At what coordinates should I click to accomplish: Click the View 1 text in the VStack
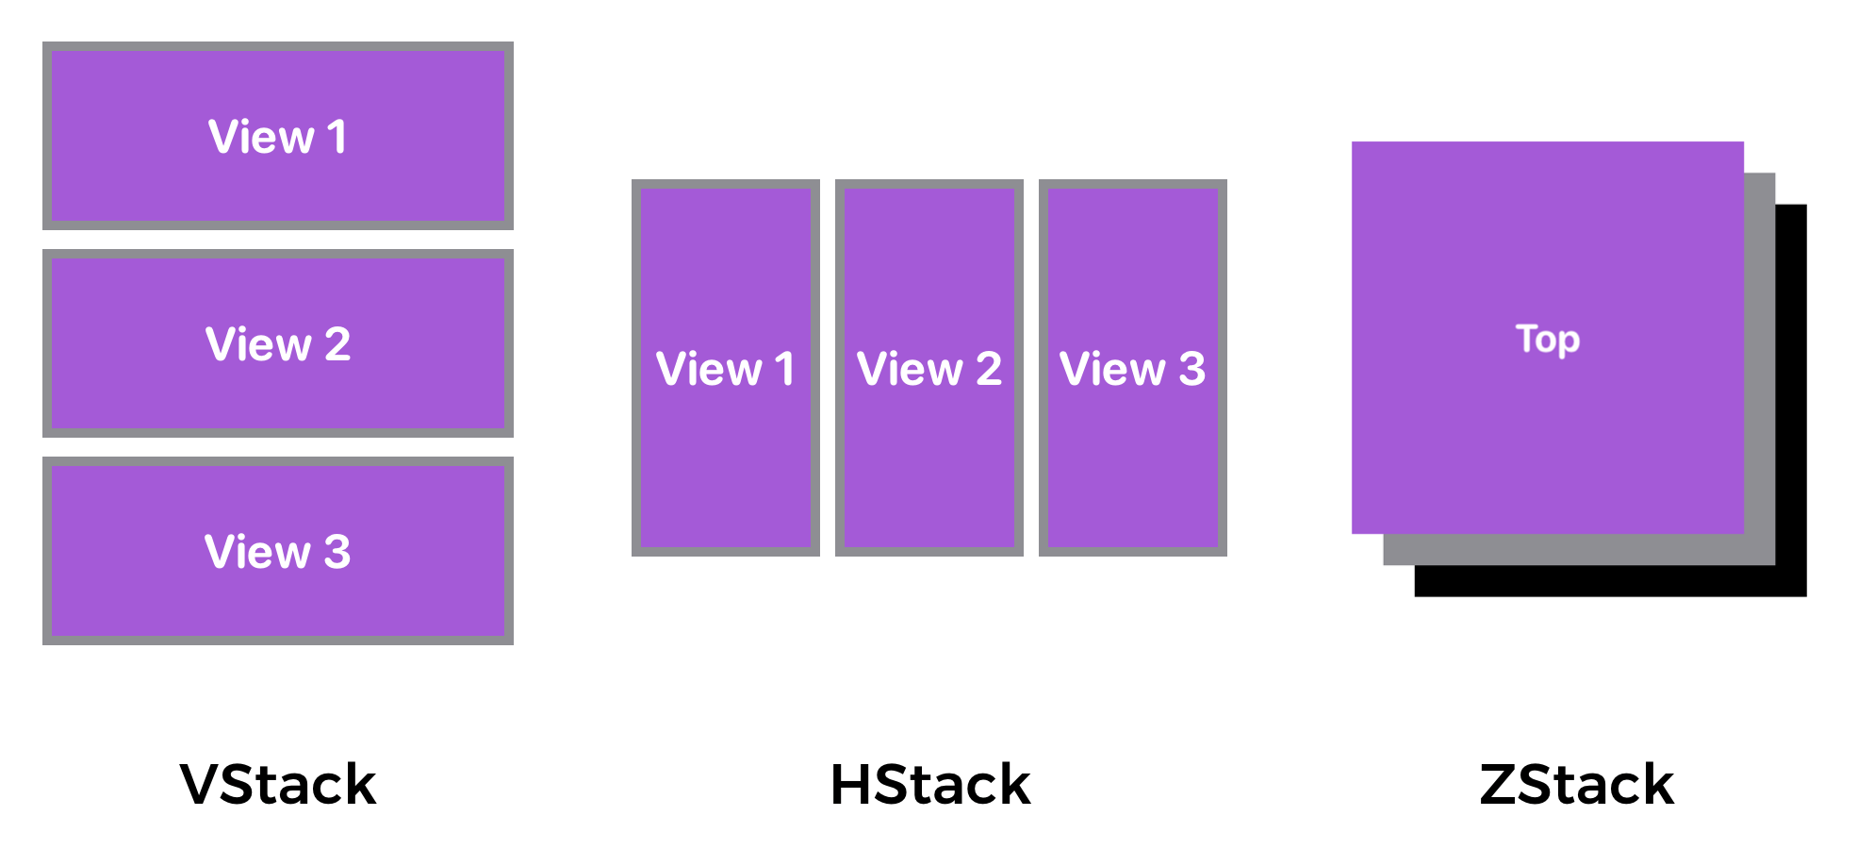[x=277, y=137]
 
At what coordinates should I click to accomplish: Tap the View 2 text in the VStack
[x=277, y=344]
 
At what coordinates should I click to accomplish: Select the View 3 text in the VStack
[x=277, y=552]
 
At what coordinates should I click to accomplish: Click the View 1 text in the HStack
[x=725, y=369]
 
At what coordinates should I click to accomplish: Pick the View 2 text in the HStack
[x=928, y=369]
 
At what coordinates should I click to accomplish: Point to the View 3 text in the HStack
[x=1132, y=369]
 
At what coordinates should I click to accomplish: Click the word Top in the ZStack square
[x=1547, y=339]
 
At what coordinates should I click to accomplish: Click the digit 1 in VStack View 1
[x=337, y=137]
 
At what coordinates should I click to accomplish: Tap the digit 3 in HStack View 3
[x=1191, y=369]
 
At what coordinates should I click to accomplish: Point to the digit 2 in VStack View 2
[x=337, y=344]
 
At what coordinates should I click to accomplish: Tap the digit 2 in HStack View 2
[x=988, y=369]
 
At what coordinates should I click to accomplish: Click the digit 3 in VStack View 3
[x=337, y=552]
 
